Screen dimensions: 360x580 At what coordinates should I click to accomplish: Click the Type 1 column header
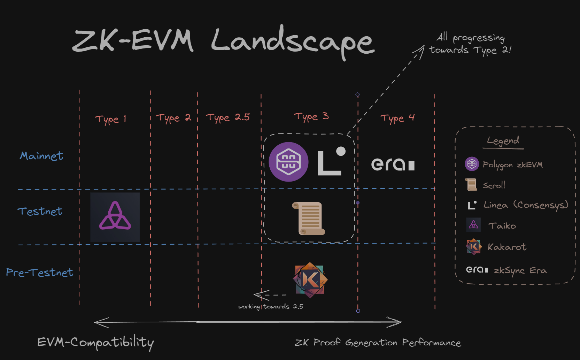point(110,119)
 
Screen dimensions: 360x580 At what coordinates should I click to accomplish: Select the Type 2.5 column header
point(227,118)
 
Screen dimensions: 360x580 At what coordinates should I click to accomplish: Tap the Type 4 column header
point(397,118)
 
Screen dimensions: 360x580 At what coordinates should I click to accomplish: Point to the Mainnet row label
point(41,156)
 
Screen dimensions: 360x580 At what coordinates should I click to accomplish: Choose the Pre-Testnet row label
point(40,272)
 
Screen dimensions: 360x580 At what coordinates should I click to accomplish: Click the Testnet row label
point(40,211)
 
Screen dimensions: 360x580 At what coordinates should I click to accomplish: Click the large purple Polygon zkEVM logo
point(288,162)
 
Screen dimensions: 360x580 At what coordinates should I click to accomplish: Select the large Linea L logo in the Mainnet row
point(331,161)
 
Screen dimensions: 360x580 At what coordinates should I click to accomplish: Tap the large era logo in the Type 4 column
point(393,164)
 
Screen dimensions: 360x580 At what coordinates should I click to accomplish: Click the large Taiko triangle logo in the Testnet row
point(115,217)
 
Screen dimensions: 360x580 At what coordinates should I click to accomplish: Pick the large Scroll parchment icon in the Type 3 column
point(309,219)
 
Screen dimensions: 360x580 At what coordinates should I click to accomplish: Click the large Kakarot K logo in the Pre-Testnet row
point(310,280)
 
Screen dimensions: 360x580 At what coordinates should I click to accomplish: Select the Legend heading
point(503,141)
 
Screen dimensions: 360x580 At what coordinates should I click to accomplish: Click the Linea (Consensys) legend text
point(526,205)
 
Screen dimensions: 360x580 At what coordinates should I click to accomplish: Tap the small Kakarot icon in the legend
point(474,247)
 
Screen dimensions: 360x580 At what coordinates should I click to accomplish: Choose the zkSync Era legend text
point(520,270)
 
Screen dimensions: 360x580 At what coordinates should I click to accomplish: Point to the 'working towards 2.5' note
point(271,307)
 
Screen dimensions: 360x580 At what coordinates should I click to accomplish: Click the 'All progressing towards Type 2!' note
point(470,44)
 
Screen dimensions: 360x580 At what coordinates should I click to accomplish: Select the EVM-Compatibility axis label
point(95,343)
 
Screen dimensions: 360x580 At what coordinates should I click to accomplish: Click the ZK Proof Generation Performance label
point(378,343)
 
